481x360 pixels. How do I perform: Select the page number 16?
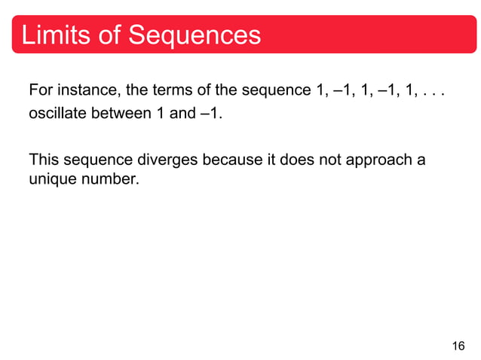point(458,346)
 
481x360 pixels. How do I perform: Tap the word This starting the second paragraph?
point(42,160)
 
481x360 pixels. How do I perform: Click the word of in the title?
point(109,35)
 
